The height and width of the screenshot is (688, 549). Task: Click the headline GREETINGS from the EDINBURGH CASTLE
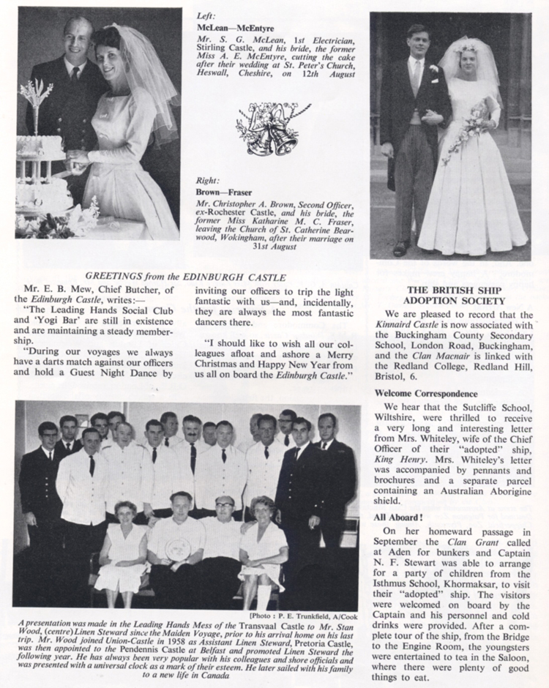[185, 276]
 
